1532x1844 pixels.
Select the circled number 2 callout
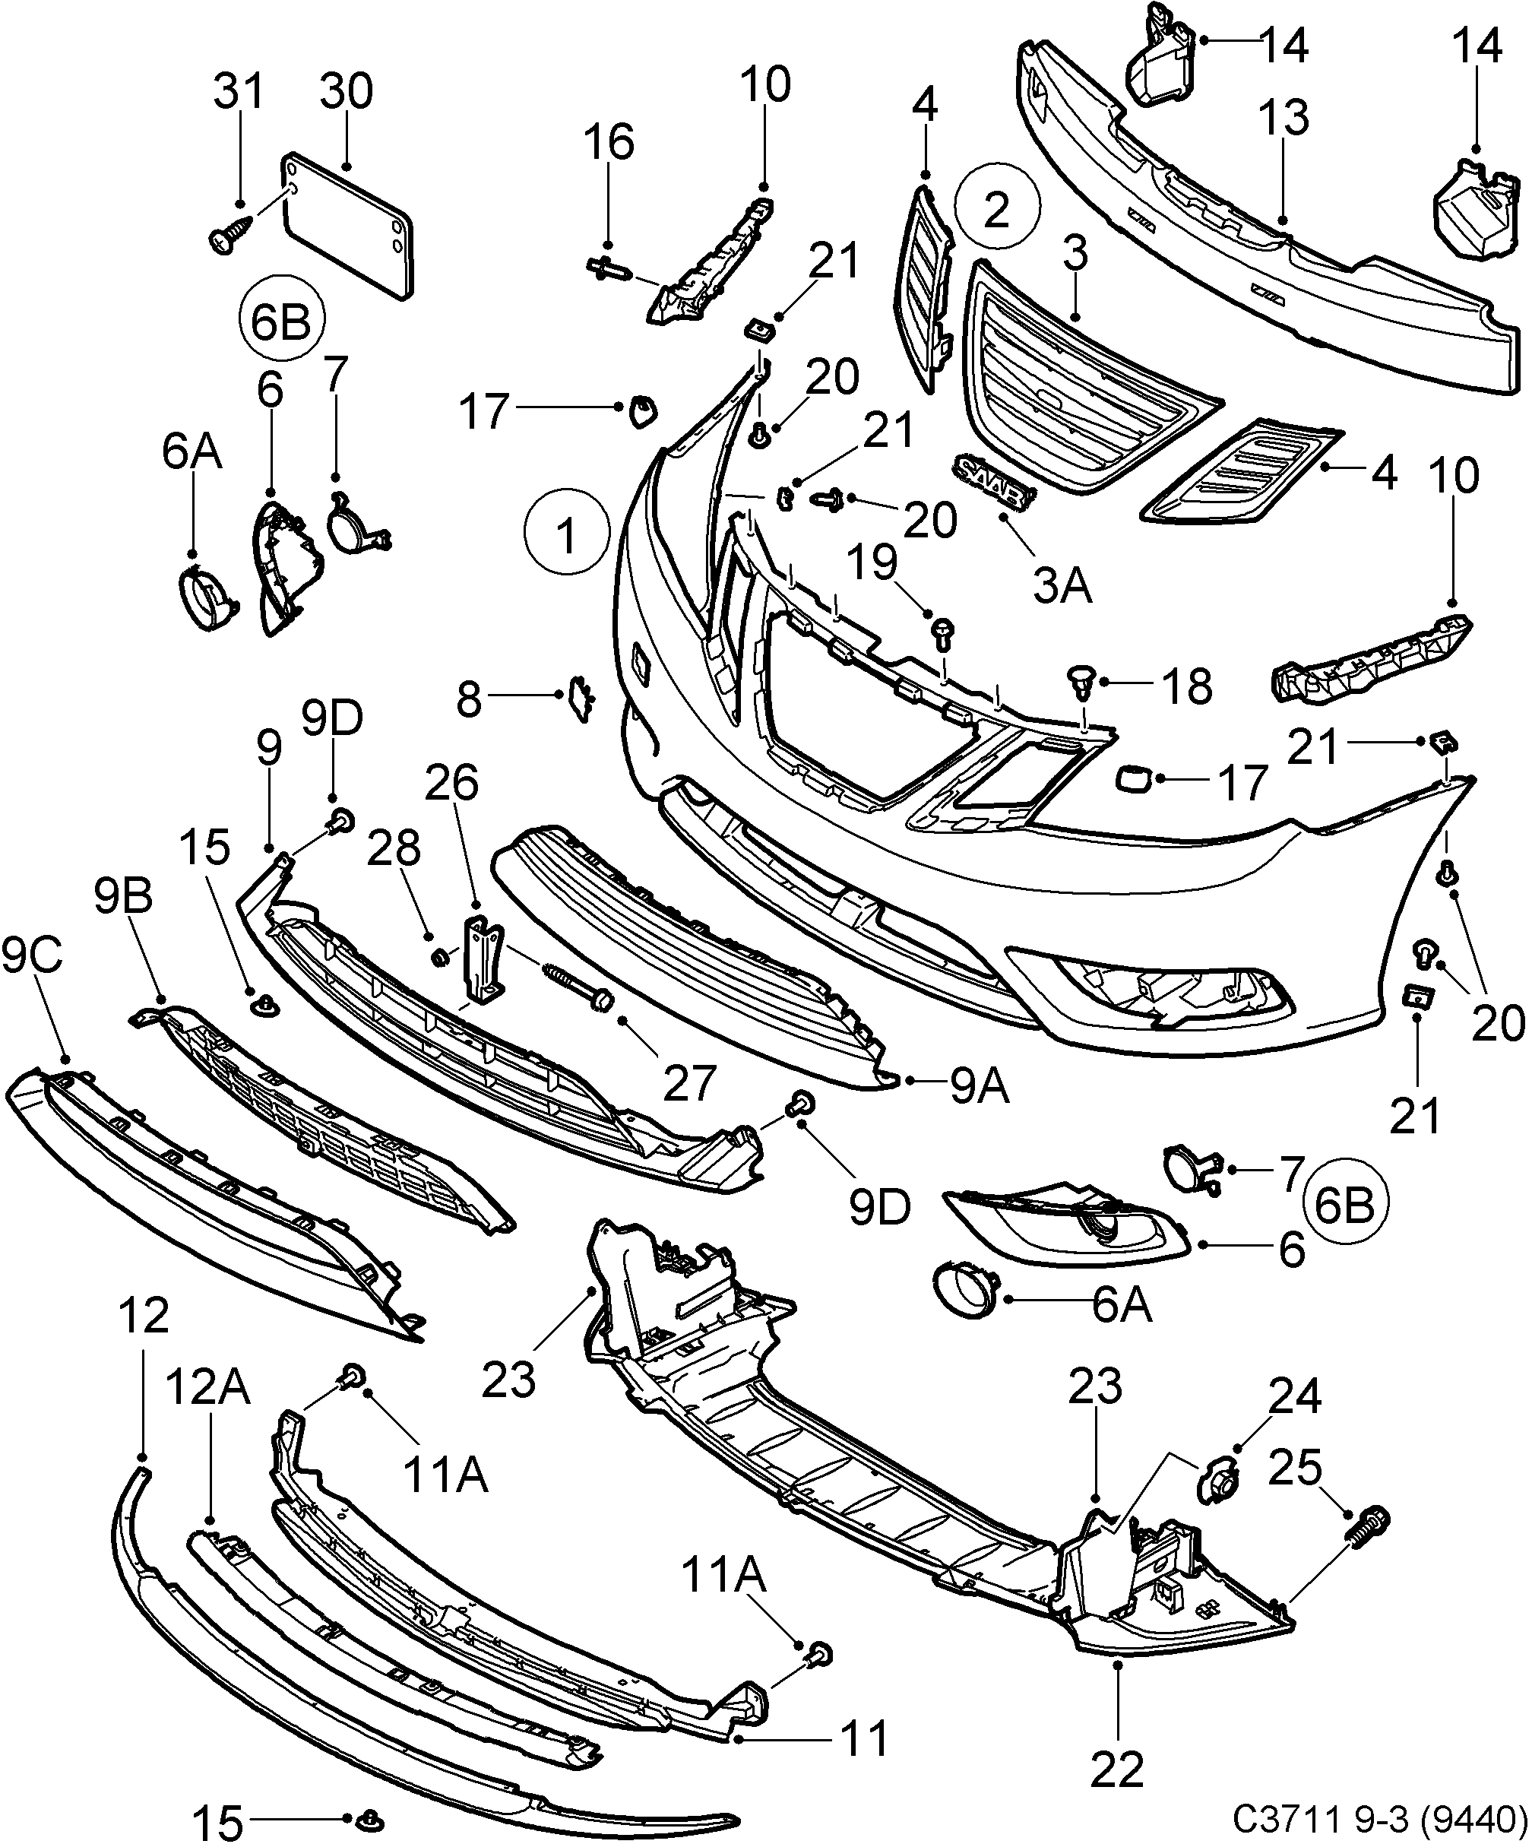996,209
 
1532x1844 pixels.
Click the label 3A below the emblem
1062,586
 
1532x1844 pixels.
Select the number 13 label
1284,118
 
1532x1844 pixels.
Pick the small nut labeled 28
441,955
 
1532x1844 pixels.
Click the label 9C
33,956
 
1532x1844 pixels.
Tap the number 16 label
610,141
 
